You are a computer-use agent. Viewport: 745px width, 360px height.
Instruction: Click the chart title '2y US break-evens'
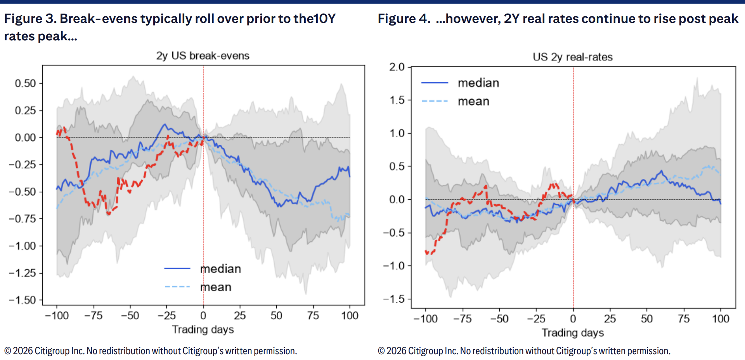pyautogui.click(x=203, y=56)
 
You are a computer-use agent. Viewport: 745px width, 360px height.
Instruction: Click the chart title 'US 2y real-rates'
pyautogui.click(x=573, y=57)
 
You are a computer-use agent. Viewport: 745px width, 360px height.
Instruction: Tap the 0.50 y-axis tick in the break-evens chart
pyautogui.click(x=25, y=83)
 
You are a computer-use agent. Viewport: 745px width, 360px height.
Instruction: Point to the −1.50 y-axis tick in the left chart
pyautogui.click(x=23, y=300)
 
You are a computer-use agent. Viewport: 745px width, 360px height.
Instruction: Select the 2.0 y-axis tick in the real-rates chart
pyautogui.click(x=397, y=67)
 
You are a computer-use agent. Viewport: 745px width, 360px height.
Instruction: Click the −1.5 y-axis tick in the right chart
pyautogui.click(x=394, y=299)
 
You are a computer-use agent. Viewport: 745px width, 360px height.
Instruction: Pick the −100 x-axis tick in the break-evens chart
pyautogui.click(x=57, y=316)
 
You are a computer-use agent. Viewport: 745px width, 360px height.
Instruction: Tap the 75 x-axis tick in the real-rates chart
pyautogui.click(x=684, y=319)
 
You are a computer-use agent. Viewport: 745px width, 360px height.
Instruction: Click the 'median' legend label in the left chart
pyautogui.click(x=220, y=269)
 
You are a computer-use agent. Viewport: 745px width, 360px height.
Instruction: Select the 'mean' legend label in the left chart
pyautogui.click(x=216, y=287)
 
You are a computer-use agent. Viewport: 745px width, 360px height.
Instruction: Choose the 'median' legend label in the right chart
pyautogui.click(x=478, y=83)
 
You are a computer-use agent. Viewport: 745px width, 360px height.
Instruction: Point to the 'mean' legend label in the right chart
pyautogui.click(x=473, y=101)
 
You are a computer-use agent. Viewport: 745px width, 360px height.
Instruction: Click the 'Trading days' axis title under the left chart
pyautogui.click(x=203, y=330)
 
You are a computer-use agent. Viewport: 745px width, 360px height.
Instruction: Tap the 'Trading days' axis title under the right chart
pyautogui.click(x=573, y=333)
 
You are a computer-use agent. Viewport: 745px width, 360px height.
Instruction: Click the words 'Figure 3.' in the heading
pyautogui.click(x=30, y=19)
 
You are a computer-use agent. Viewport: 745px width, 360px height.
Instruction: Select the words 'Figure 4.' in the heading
pyautogui.click(x=404, y=19)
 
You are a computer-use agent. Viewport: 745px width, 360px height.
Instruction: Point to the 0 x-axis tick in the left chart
pyautogui.click(x=203, y=316)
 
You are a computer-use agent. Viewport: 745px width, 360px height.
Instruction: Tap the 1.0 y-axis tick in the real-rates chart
pyautogui.click(x=397, y=133)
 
